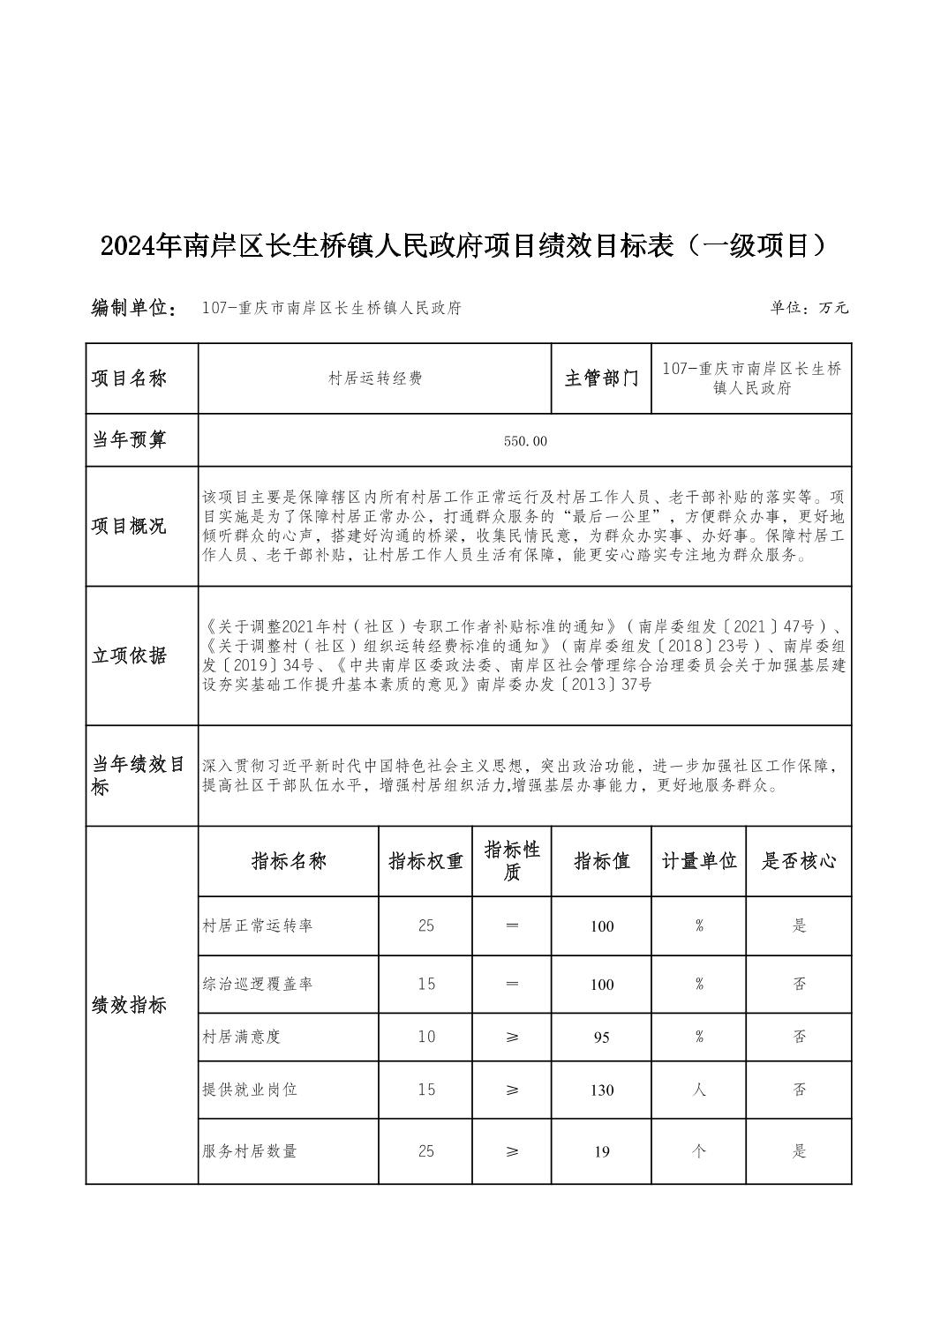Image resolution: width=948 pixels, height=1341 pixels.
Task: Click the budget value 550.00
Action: point(525,441)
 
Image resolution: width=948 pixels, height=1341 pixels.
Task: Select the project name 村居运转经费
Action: point(375,378)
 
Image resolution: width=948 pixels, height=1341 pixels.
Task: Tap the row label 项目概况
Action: point(129,527)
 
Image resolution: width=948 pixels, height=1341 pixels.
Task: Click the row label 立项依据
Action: point(129,656)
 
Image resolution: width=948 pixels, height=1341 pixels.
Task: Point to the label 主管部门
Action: point(601,378)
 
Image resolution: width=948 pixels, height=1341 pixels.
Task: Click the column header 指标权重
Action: point(425,861)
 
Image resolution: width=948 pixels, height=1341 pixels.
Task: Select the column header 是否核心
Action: point(799,861)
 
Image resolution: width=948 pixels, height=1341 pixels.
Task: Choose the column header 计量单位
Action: point(699,861)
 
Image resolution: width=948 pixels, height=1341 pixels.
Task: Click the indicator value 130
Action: point(602,1090)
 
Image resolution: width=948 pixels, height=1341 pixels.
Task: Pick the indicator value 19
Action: point(602,1151)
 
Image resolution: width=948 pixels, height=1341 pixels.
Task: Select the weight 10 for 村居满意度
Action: point(426,1037)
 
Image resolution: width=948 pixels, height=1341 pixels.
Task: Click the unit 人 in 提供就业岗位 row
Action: point(699,1090)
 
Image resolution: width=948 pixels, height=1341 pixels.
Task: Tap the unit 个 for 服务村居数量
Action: point(699,1151)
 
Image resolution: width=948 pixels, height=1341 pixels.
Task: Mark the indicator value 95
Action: point(602,1038)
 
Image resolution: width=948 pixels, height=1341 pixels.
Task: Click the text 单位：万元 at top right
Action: point(809,308)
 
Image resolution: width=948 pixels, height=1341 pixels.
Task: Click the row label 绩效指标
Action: point(129,1006)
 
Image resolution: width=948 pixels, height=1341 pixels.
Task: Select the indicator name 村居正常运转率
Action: point(257,925)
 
